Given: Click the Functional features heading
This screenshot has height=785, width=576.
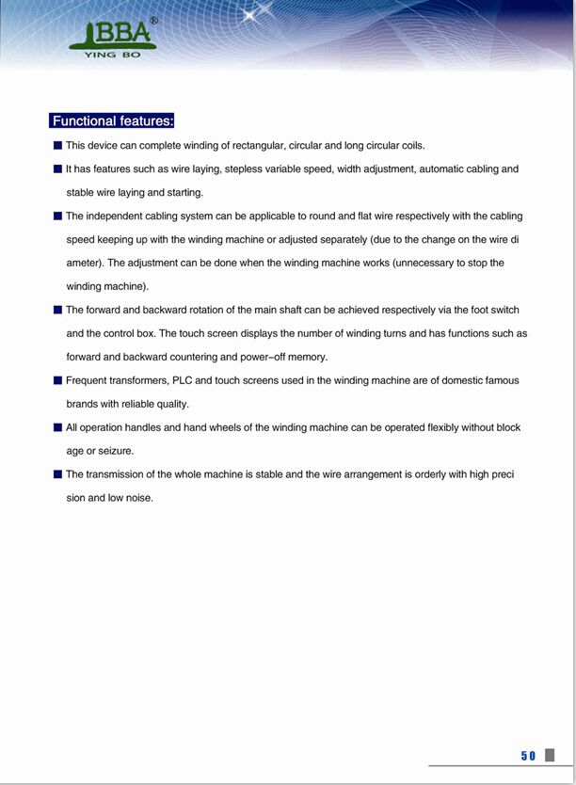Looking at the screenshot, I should click(112, 120).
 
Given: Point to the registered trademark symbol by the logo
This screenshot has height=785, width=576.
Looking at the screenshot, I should click(154, 20).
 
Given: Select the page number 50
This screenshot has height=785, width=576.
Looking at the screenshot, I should click(528, 756).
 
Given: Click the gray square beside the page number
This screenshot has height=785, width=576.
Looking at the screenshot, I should click(550, 755).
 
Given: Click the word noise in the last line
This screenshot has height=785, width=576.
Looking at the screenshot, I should click(139, 498).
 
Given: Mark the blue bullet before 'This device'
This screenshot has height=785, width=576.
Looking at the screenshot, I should click(58, 146).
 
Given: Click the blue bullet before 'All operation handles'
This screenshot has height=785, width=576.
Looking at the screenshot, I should click(58, 428).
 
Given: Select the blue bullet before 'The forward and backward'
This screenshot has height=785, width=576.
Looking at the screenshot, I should click(58, 311).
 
